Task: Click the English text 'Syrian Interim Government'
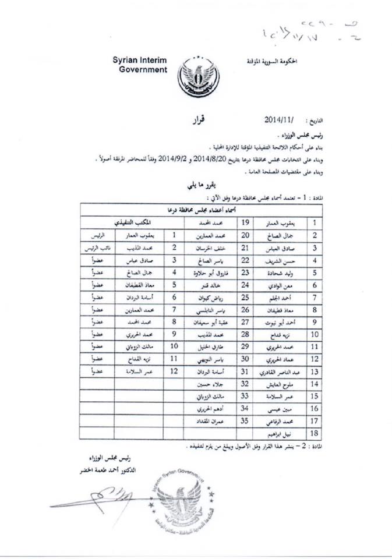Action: [x=140, y=65]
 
